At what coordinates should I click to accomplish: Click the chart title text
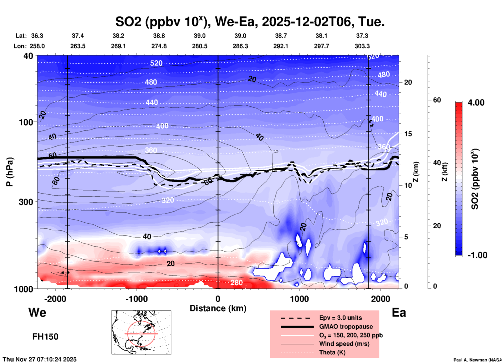pos(250,22)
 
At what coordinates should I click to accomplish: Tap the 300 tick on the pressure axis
pos(26,202)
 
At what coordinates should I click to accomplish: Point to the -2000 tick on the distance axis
pos(55,299)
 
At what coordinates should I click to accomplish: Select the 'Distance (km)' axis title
pos(218,308)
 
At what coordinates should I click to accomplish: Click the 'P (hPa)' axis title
pos(10,172)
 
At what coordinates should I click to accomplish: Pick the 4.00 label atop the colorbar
pos(476,103)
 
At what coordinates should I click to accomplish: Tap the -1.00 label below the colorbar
pos(477,255)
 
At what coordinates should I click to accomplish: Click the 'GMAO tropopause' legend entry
pos(346,327)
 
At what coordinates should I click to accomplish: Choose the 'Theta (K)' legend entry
pos(332,352)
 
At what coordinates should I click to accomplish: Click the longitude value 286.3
pos(240,46)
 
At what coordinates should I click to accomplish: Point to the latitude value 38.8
pos(159,36)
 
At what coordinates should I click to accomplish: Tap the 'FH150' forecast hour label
pos(45,337)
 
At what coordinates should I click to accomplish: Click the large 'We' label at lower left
pos(37,312)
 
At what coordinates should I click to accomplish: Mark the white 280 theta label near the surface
pos(236,283)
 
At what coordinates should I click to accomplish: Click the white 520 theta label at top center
pos(156,63)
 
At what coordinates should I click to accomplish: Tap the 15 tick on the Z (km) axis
pos(408,134)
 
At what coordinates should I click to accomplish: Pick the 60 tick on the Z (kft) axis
pos(437,100)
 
